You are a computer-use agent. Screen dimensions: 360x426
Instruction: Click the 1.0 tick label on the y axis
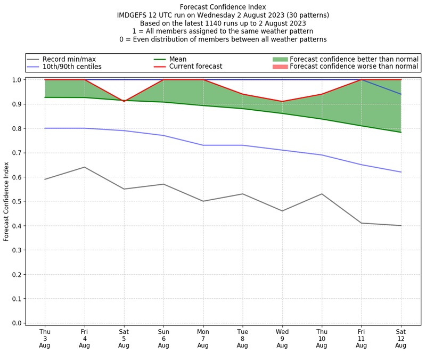pos(17,80)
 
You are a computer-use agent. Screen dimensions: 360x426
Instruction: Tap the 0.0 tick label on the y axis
pos(17,323)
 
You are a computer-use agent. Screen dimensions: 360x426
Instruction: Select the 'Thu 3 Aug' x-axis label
pos(45,338)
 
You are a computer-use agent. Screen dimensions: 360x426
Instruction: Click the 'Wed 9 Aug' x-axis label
pos(282,338)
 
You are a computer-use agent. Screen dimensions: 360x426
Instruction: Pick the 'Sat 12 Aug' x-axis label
pos(401,338)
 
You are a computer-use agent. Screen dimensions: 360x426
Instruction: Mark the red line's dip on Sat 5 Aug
pos(124,101)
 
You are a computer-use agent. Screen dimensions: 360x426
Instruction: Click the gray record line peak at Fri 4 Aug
pos(84,167)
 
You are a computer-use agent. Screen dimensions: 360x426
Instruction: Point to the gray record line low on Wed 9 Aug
pos(282,211)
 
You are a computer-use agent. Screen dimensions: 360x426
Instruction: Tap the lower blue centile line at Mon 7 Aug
pos(203,145)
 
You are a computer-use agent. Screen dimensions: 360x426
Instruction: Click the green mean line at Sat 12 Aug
pos(401,132)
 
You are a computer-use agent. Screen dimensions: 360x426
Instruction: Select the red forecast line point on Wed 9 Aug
pos(282,102)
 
